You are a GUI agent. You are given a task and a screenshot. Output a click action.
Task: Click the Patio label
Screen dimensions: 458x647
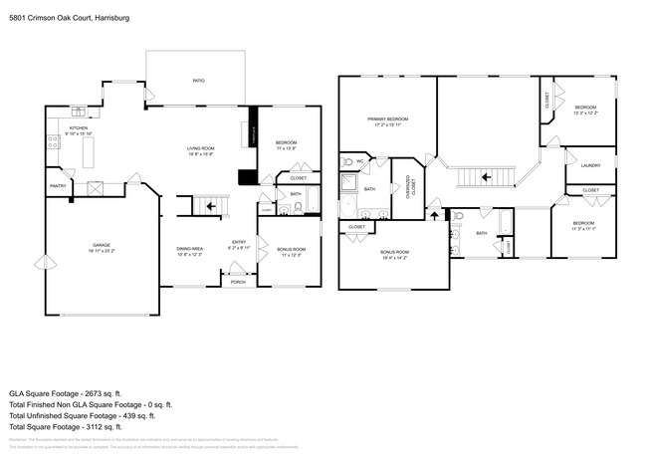(198, 80)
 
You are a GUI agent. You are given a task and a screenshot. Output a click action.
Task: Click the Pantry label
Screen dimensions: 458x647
(58, 185)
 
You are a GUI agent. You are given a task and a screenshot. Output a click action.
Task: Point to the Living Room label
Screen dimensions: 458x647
(201, 150)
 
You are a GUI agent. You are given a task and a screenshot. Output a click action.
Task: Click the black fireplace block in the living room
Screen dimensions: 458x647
(245, 178)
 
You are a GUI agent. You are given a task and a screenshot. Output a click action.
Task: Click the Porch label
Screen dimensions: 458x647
(238, 282)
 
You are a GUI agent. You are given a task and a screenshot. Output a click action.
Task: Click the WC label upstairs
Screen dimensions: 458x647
(360, 159)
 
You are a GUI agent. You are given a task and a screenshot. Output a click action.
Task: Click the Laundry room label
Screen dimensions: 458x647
(591, 165)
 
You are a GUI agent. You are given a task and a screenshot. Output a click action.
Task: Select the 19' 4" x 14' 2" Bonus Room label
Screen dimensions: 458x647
(394, 255)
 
